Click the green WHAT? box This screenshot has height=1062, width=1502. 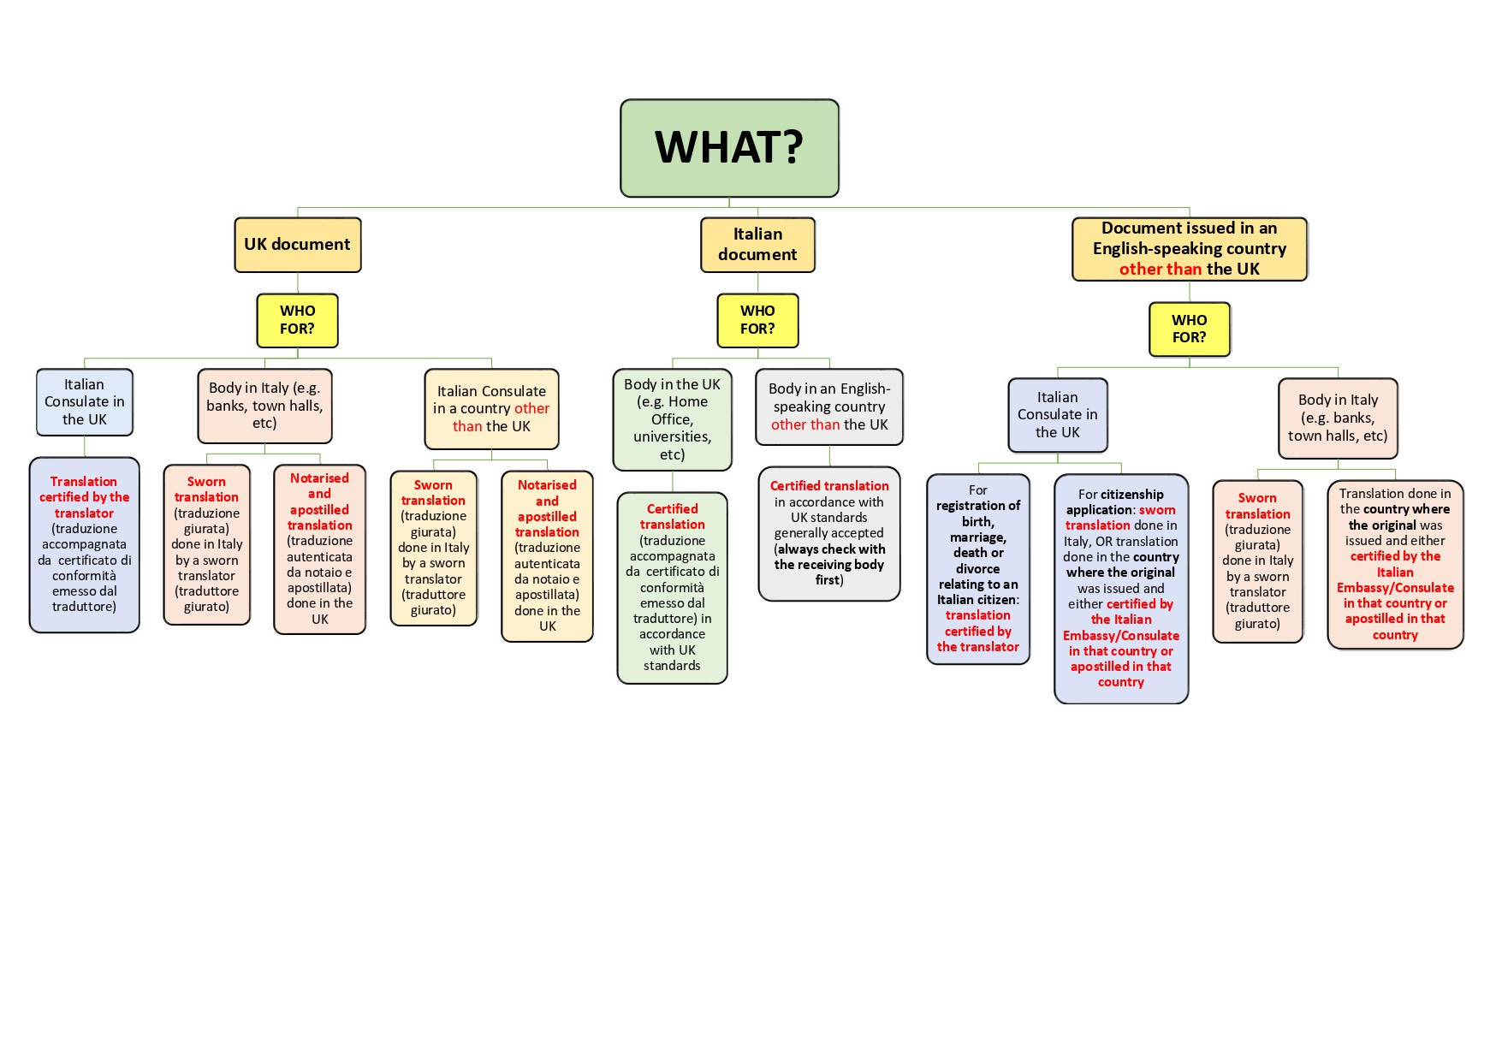(x=729, y=147)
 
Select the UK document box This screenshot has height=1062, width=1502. (x=297, y=245)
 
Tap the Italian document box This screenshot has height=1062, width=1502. (x=757, y=245)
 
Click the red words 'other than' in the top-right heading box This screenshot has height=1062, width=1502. (x=1161, y=269)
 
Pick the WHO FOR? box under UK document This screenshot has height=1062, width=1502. (x=297, y=320)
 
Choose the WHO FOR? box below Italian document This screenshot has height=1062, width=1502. (x=757, y=320)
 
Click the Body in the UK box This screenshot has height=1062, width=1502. (x=672, y=419)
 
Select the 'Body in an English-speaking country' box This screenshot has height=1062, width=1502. (x=828, y=407)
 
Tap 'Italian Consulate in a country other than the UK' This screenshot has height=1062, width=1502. (x=491, y=409)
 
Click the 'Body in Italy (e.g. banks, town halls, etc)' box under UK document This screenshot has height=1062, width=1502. (x=264, y=406)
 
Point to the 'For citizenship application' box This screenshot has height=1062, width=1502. (x=1120, y=588)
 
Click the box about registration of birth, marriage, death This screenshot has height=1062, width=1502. (x=977, y=568)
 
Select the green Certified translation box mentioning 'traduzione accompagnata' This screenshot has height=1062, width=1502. (x=672, y=587)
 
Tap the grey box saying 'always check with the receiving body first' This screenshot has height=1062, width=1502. (x=828, y=533)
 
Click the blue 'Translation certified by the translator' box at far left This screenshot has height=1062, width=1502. (x=84, y=544)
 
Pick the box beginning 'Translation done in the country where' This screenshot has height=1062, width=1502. (x=1395, y=564)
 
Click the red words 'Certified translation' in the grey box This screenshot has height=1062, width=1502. (x=828, y=486)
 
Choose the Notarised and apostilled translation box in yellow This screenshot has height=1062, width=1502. (x=547, y=555)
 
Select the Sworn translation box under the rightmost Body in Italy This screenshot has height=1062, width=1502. (x=1257, y=561)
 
